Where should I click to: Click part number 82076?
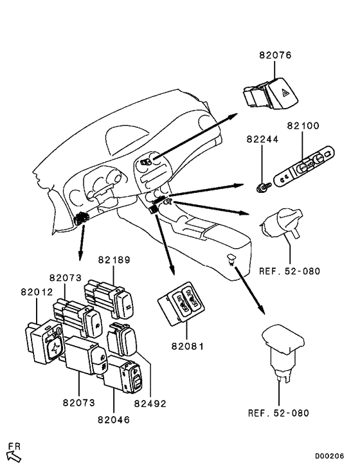[275, 55]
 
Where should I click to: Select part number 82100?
[303, 125]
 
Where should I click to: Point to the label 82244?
[262, 140]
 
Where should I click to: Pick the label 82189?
[114, 260]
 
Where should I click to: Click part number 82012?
[37, 292]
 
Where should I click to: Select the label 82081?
[187, 346]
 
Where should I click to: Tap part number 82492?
[150, 404]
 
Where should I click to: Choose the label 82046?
[114, 420]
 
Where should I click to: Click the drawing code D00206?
[329, 456]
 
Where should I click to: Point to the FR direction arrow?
[14, 456]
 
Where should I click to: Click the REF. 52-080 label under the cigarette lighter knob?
[289, 271]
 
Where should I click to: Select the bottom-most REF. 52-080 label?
[278, 413]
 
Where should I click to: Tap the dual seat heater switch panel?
[181, 303]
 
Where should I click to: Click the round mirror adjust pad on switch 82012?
[53, 348]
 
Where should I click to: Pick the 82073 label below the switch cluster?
[79, 402]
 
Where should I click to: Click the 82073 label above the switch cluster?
[66, 278]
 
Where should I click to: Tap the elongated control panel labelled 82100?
[305, 167]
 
